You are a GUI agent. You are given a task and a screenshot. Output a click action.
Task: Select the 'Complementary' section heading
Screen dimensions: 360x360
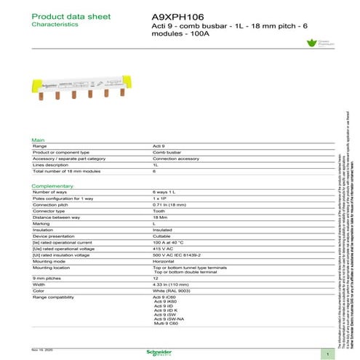[x=52, y=186]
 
